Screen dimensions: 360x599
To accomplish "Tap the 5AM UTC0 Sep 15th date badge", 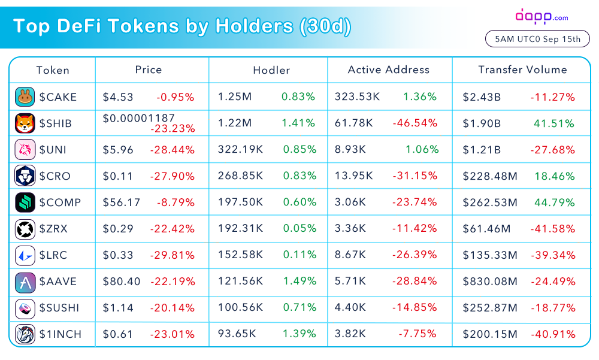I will click(x=537, y=40).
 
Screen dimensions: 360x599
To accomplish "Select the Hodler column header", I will click(x=271, y=70).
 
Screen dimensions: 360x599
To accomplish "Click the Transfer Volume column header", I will click(x=522, y=69).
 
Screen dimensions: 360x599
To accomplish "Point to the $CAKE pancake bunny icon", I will click(x=25, y=97).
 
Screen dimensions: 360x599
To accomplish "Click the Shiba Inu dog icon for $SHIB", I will click(x=25, y=123).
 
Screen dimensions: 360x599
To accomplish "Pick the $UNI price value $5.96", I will click(x=118, y=150).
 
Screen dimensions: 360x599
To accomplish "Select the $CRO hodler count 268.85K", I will click(x=240, y=176).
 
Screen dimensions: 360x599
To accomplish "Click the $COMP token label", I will click(x=60, y=202).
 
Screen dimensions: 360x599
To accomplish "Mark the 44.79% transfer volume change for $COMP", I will click(x=554, y=202).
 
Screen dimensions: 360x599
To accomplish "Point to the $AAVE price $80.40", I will click(x=122, y=282).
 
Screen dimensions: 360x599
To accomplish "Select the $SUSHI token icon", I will click(x=25, y=308).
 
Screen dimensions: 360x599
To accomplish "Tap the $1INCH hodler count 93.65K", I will click(x=237, y=334).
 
